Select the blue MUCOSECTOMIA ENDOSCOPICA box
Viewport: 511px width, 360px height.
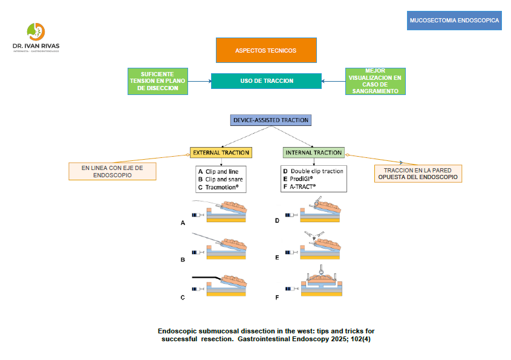454,21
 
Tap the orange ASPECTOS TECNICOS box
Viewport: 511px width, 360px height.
266,50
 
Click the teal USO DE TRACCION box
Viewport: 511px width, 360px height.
266,81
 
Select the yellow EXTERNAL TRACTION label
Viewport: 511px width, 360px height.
220,152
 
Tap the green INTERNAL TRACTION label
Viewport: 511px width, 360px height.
313,152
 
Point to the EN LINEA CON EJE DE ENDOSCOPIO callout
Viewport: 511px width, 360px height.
112,171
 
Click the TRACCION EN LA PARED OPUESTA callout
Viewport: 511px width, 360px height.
417,174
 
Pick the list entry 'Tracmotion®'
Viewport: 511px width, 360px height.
222,188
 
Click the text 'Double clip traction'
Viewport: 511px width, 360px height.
316,171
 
